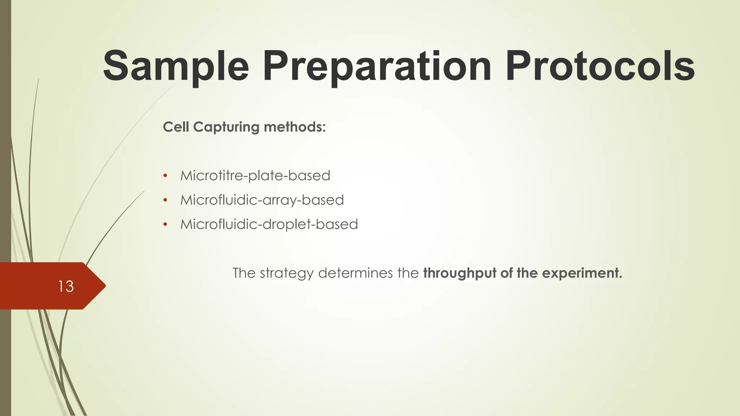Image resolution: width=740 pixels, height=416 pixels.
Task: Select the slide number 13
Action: (66, 286)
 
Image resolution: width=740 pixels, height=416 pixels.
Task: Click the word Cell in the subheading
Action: (176, 127)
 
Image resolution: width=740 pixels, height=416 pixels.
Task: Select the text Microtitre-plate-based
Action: (255, 176)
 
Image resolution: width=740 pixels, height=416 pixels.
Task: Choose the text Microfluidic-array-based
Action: (262, 200)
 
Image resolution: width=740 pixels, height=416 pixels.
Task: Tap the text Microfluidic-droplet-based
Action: (269, 224)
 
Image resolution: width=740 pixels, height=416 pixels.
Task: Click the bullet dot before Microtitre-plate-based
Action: (165, 176)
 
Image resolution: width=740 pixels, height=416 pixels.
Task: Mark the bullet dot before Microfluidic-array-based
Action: (165, 200)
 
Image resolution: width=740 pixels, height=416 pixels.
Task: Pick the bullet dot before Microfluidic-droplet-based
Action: (165, 224)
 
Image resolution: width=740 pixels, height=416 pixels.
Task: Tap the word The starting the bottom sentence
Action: (244, 273)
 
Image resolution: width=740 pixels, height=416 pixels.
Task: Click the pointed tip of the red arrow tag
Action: (104, 286)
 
